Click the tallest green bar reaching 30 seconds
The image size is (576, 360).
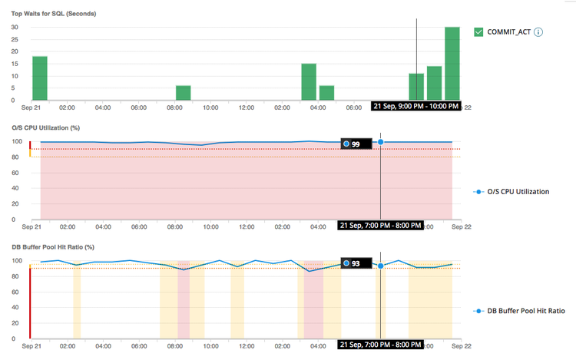pyautogui.click(x=452, y=64)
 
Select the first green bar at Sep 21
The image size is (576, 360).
pyautogui.click(x=40, y=78)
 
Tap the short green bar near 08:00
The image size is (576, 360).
pyautogui.click(x=183, y=93)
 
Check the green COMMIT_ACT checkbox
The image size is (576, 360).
pyautogui.click(x=478, y=32)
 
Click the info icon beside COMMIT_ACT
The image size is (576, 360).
pyautogui.click(x=538, y=32)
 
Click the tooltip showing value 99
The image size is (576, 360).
pyautogui.click(x=356, y=144)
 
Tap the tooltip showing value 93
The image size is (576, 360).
pyautogui.click(x=356, y=263)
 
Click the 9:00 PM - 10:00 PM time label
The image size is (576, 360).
pyautogui.click(x=415, y=106)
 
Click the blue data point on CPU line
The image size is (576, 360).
pyautogui.click(x=381, y=142)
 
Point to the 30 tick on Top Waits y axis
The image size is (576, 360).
pyautogui.click(x=15, y=28)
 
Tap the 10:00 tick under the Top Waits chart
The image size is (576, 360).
pyautogui.click(x=210, y=107)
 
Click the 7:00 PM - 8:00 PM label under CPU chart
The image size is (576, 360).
pyautogui.click(x=381, y=226)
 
